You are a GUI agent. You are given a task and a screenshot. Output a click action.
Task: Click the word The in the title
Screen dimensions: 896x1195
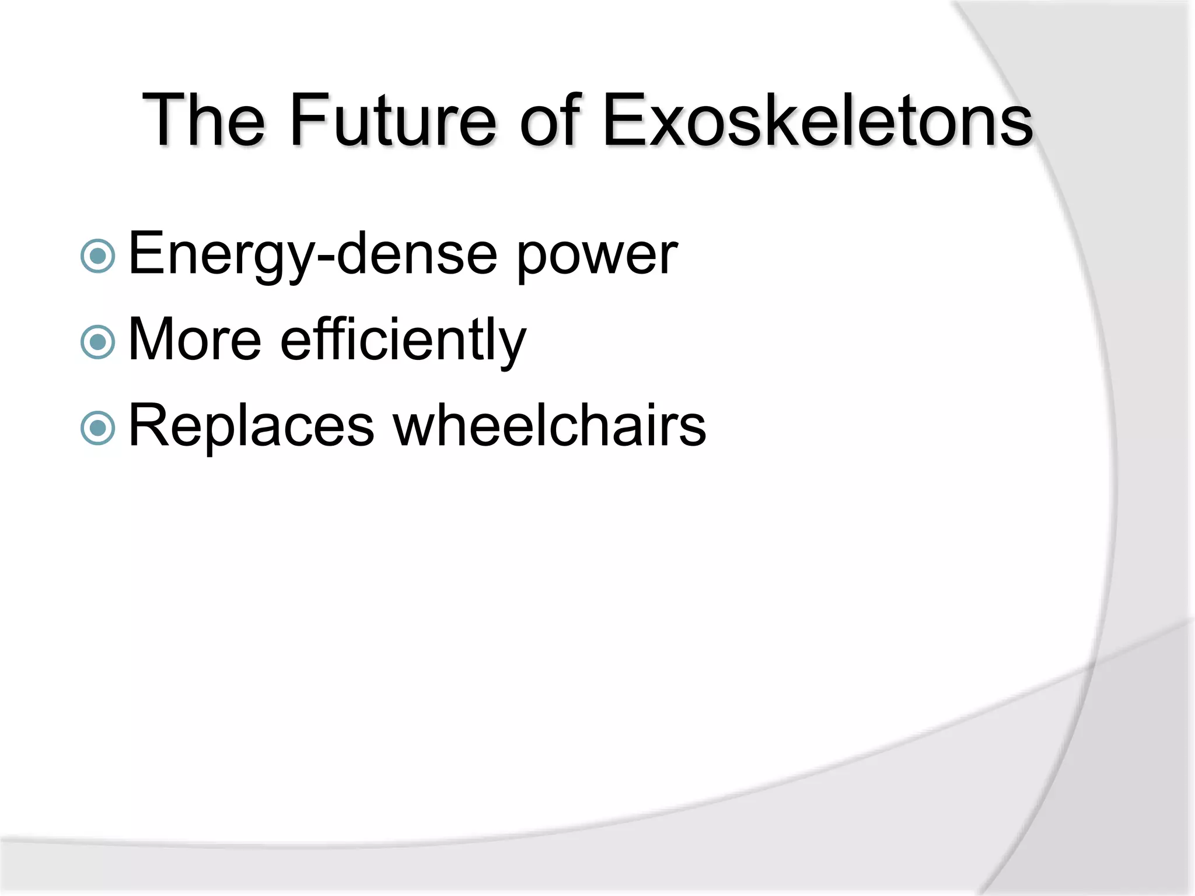pyautogui.click(x=204, y=121)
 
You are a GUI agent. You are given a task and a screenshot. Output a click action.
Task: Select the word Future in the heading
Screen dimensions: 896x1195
pyautogui.click(x=393, y=121)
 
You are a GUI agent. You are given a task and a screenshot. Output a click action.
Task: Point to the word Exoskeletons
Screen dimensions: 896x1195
pyautogui.click(x=817, y=121)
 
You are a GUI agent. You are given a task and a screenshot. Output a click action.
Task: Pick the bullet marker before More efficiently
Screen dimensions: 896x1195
pyautogui.click(x=98, y=342)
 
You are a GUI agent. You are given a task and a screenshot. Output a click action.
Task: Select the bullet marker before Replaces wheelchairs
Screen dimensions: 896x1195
pyautogui.click(x=98, y=428)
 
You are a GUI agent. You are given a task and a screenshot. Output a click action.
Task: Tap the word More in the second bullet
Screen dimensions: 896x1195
pyautogui.click(x=194, y=339)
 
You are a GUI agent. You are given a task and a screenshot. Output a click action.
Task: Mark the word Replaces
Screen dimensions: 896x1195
pyautogui.click(x=251, y=426)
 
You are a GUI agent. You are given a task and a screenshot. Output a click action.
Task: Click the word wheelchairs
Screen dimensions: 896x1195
pyautogui.click(x=549, y=426)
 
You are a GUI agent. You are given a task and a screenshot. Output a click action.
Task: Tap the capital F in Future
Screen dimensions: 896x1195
pyautogui.click(x=307, y=121)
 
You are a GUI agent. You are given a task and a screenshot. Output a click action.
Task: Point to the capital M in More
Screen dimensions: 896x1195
pyautogui.click(x=153, y=339)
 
